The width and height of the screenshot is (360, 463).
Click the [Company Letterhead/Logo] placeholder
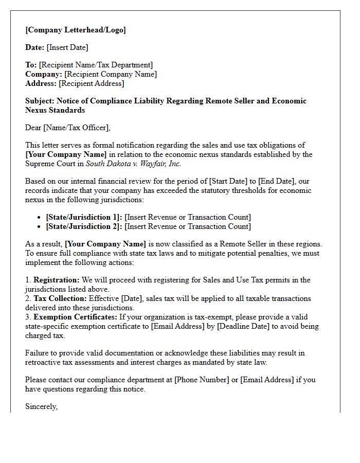point(76,30)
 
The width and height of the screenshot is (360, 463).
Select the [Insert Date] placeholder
point(67,47)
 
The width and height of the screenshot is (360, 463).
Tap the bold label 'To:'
point(31,65)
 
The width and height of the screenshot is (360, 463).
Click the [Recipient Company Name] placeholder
point(111,74)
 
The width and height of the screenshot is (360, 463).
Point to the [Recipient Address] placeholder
point(91,83)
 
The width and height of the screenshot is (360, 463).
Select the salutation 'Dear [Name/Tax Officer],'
point(68,128)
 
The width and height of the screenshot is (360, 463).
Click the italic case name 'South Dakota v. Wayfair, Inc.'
point(133,164)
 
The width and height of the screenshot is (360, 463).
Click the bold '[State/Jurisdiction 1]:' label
point(84,217)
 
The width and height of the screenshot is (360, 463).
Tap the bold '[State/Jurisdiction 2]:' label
point(84,226)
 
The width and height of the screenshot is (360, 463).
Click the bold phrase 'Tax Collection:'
point(60,298)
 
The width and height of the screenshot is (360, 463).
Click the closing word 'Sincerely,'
point(42,406)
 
